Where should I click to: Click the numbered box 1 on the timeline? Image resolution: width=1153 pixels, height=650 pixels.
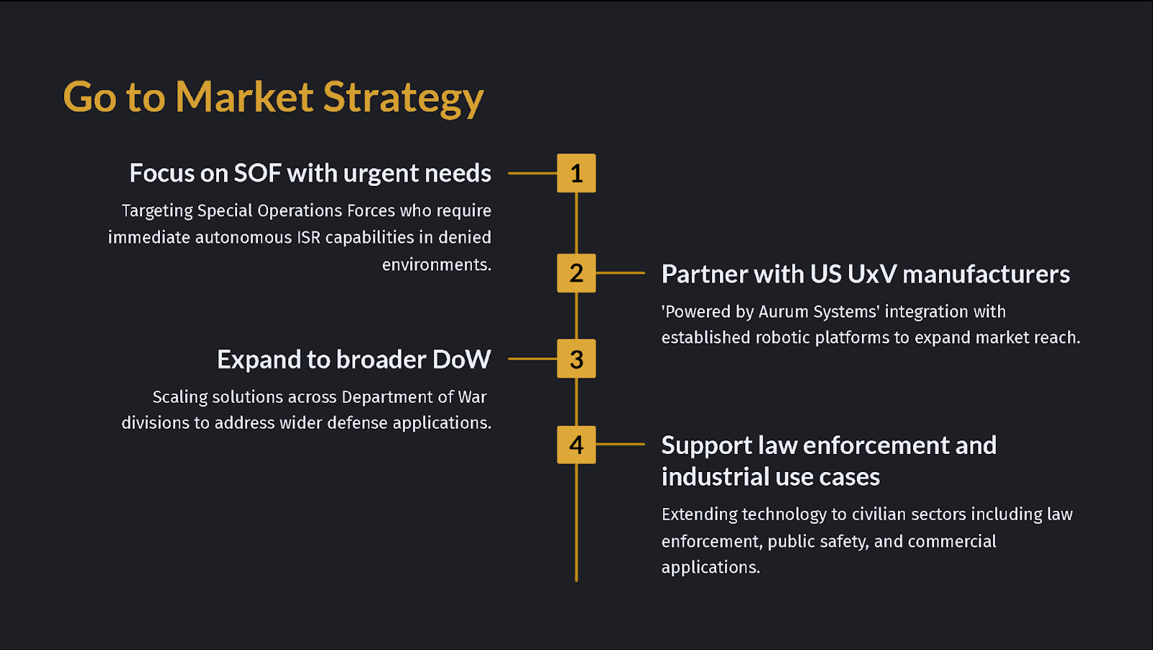pyautogui.click(x=576, y=173)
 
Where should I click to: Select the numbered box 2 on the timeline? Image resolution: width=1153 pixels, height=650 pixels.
pyautogui.click(x=576, y=273)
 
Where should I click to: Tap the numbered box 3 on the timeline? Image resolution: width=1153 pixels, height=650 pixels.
pyautogui.click(x=576, y=359)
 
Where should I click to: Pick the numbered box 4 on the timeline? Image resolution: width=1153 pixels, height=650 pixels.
pyautogui.click(x=576, y=445)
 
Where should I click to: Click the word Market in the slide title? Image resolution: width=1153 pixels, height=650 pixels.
pyautogui.click(x=244, y=97)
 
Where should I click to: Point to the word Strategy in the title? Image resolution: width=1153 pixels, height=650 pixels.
pyautogui.click(x=403, y=98)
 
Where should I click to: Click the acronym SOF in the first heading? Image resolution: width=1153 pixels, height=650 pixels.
pyautogui.click(x=257, y=174)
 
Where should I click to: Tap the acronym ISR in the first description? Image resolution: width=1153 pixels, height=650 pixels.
pyautogui.click(x=308, y=238)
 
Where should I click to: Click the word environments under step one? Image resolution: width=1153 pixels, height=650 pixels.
pyautogui.click(x=436, y=265)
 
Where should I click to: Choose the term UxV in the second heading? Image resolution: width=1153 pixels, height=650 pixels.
pyautogui.click(x=872, y=275)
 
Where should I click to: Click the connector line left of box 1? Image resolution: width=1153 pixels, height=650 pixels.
pyautogui.click(x=532, y=174)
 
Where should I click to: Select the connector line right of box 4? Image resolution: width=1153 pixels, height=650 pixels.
pyautogui.click(x=620, y=445)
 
